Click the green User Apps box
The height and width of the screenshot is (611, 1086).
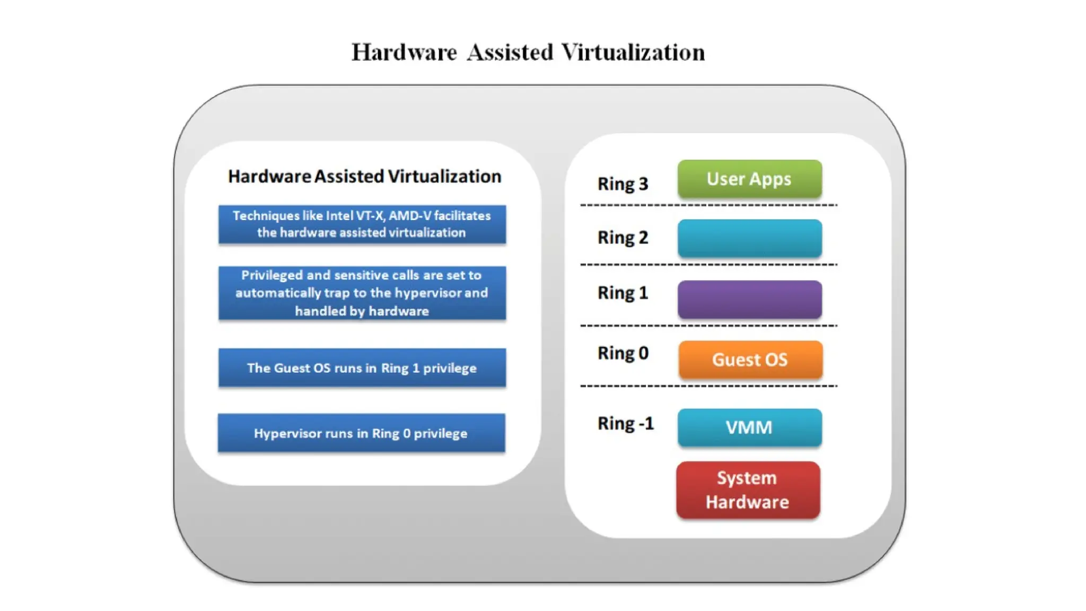tap(749, 179)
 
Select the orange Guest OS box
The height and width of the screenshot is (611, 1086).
tap(750, 360)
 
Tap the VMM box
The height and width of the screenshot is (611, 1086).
tap(749, 427)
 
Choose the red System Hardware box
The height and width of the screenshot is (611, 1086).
tap(748, 490)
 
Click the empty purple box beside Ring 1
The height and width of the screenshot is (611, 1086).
tap(749, 300)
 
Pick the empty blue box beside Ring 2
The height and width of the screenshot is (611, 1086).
tap(749, 239)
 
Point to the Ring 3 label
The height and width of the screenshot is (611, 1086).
tap(623, 184)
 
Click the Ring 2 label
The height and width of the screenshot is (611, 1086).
tap(623, 238)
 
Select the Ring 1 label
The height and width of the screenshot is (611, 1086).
tap(623, 293)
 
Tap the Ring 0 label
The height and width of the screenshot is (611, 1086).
tap(623, 353)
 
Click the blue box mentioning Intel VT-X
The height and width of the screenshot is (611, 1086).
tap(362, 224)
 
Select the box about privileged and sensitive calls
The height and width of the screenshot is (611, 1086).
tap(362, 293)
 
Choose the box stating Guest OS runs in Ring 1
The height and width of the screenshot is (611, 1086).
tap(362, 368)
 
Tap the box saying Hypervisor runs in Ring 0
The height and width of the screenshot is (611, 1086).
tap(361, 433)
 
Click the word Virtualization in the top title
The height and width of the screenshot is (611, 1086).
tap(633, 53)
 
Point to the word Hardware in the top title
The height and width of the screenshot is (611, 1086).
tap(404, 53)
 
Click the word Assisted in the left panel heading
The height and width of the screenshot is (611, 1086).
tap(349, 176)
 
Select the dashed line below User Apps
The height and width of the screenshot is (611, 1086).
tap(708, 205)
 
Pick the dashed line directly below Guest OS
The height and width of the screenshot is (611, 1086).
tap(708, 386)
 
